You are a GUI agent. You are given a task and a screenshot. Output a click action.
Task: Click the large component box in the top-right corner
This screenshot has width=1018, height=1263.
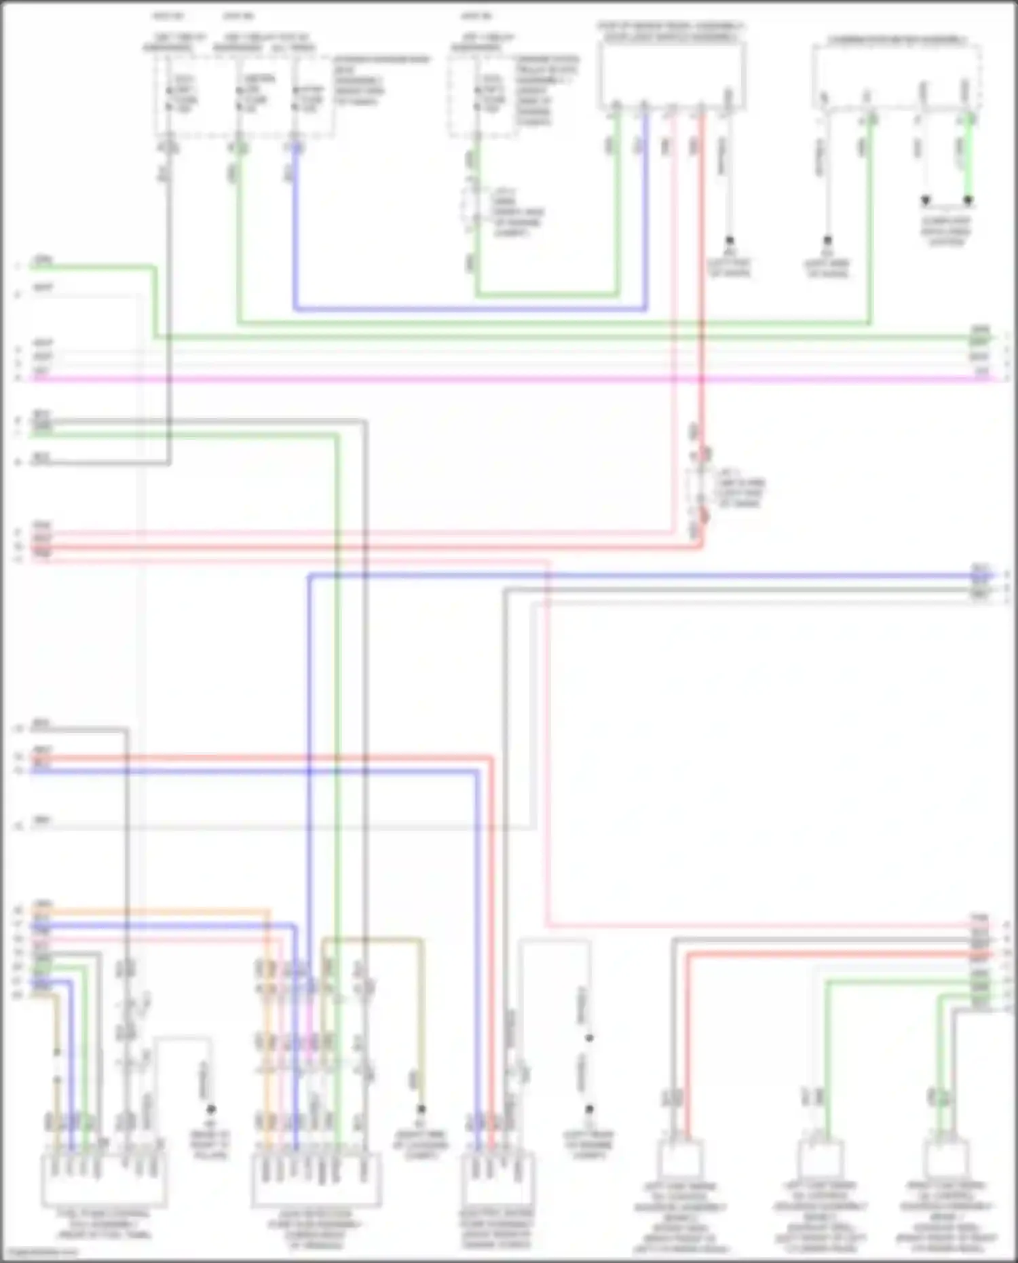pos(897,76)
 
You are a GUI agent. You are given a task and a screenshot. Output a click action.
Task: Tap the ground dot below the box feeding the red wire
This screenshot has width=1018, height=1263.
pos(730,241)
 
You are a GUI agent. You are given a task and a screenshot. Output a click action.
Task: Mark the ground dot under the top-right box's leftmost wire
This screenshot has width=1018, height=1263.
pos(827,241)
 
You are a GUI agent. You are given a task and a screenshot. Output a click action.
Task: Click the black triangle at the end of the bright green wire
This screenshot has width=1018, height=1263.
pos(968,201)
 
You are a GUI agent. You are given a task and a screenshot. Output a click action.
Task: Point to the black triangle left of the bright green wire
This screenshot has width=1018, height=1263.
pos(925,201)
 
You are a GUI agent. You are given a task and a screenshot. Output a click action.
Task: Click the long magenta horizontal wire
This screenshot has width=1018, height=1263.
pos(509,379)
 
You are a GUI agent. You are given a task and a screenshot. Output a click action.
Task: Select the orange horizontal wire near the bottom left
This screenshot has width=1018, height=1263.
pos(149,911)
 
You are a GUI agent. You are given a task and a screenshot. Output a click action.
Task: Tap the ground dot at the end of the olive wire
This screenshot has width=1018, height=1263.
pos(421,1110)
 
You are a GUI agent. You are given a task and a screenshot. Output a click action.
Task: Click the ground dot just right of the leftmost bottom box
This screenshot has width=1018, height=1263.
pos(211,1110)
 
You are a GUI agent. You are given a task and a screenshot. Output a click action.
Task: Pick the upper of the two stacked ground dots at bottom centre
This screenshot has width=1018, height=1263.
pos(589,1038)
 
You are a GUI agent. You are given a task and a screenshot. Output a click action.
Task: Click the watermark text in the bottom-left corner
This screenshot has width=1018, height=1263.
pos(41,1252)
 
